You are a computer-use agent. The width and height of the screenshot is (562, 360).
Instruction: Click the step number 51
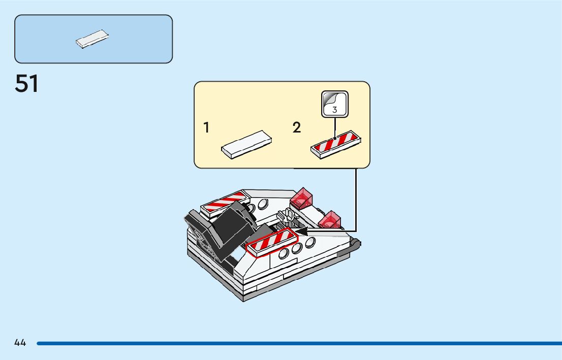pyautogui.click(x=27, y=84)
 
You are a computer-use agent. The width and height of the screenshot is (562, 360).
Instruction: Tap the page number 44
pyautogui.click(x=20, y=343)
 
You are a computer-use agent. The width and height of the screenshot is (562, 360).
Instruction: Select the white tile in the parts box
pyautogui.click(x=93, y=39)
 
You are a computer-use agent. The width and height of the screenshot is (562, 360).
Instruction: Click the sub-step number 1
pyautogui.click(x=206, y=128)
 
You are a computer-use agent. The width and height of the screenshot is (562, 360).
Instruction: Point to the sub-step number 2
pyautogui.click(x=297, y=128)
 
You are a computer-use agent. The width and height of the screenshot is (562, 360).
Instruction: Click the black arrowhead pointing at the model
pyautogui.click(x=302, y=232)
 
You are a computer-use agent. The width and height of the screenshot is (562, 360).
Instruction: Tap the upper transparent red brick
pyautogui.click(x=303, y=198)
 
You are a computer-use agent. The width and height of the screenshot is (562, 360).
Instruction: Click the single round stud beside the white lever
pyautogui.click(x=263, y=204)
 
